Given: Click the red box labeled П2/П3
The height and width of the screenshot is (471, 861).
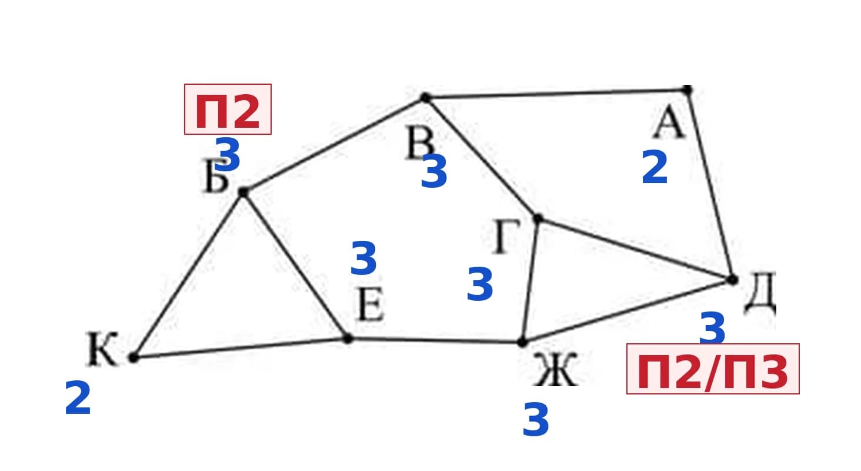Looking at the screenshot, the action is tap(713, 369).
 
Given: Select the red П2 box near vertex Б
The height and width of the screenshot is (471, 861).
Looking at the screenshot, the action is tap(228, 110).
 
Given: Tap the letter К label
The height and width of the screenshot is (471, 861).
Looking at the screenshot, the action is tap(102, 349).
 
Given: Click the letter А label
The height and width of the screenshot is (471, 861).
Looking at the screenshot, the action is tap(669, 122).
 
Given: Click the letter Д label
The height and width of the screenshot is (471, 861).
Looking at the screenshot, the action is tap(760, 293).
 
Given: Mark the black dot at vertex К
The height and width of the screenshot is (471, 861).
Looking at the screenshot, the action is tap(134, 358).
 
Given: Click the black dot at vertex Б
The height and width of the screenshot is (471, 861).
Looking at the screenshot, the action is tap(243, 192).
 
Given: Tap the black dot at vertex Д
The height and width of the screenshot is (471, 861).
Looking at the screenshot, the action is tap(733, 280).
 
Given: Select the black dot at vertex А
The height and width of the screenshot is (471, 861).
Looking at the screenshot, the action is tap(688, 90).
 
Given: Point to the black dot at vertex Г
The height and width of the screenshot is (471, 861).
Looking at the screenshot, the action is tap(538, 219).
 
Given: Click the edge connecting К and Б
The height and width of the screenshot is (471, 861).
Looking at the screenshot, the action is tap(188, 275).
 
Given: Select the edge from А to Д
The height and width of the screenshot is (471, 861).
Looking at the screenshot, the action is tap(710, 185).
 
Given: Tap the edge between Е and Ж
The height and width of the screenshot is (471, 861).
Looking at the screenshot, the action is tap(435, 340).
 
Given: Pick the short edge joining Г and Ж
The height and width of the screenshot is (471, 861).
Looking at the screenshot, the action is tap(530, 280).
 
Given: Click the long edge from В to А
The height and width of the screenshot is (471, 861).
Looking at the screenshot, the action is tap(556, 94).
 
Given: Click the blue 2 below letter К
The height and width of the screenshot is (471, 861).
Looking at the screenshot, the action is tap(78, 398).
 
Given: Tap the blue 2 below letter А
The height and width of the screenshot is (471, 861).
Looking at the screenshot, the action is tap(655, 167).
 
